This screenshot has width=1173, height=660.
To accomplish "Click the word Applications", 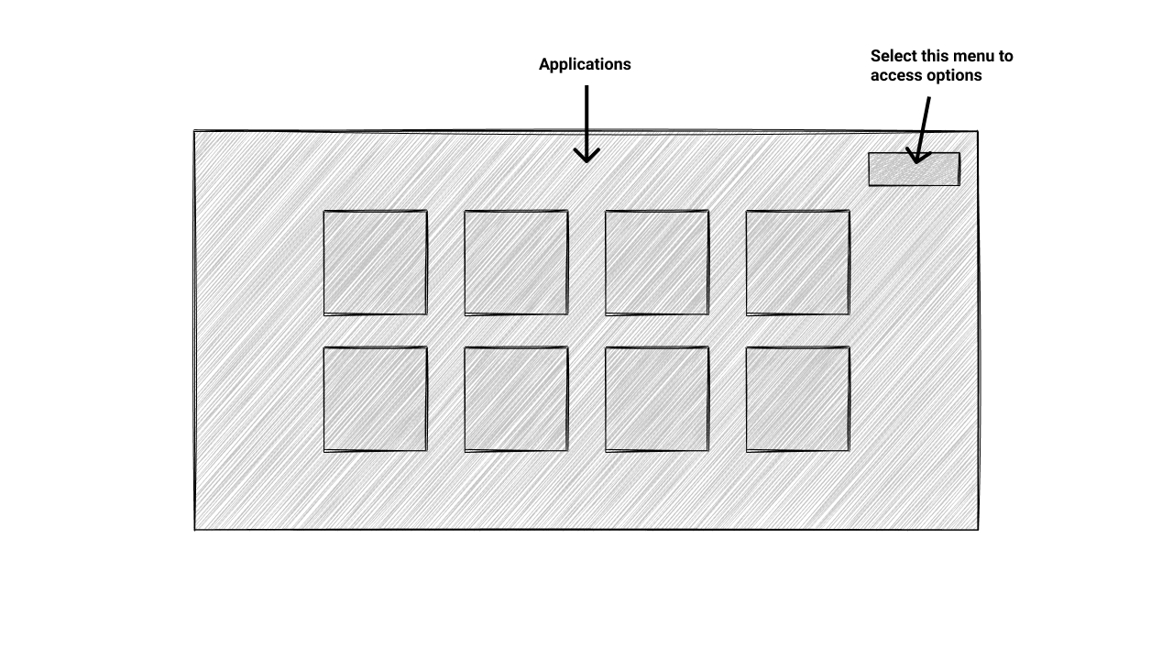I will pyautogui.click(x=585, y=64).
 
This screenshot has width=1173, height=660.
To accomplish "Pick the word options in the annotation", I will pyautogui.click(x=954, y=76).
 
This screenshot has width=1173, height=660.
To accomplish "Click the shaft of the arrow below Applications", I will pyautogui.click(x=586, y=115).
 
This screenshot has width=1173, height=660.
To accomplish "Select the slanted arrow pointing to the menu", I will pyautogui.click(x=924, y=124).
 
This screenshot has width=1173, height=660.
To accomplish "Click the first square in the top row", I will pyautogui.click(x=375, y=263).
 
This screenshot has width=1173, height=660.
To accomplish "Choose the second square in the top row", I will pyautogui.click(x=516, y=263).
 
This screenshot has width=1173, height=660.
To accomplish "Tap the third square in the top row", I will pyautogui.click(x=657, y=263).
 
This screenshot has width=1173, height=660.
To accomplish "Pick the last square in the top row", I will pyautogui.click(x=798, y=263).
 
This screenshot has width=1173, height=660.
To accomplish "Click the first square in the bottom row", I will pyautogui.click(x=375, y=400).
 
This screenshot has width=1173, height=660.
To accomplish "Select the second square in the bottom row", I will pyautogui.click(x=516, y=400).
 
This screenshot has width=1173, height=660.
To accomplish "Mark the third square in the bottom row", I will pyautogui.click(x=657, y=400).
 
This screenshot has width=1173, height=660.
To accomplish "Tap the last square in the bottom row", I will pyautogui.click(x=798, y=400).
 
